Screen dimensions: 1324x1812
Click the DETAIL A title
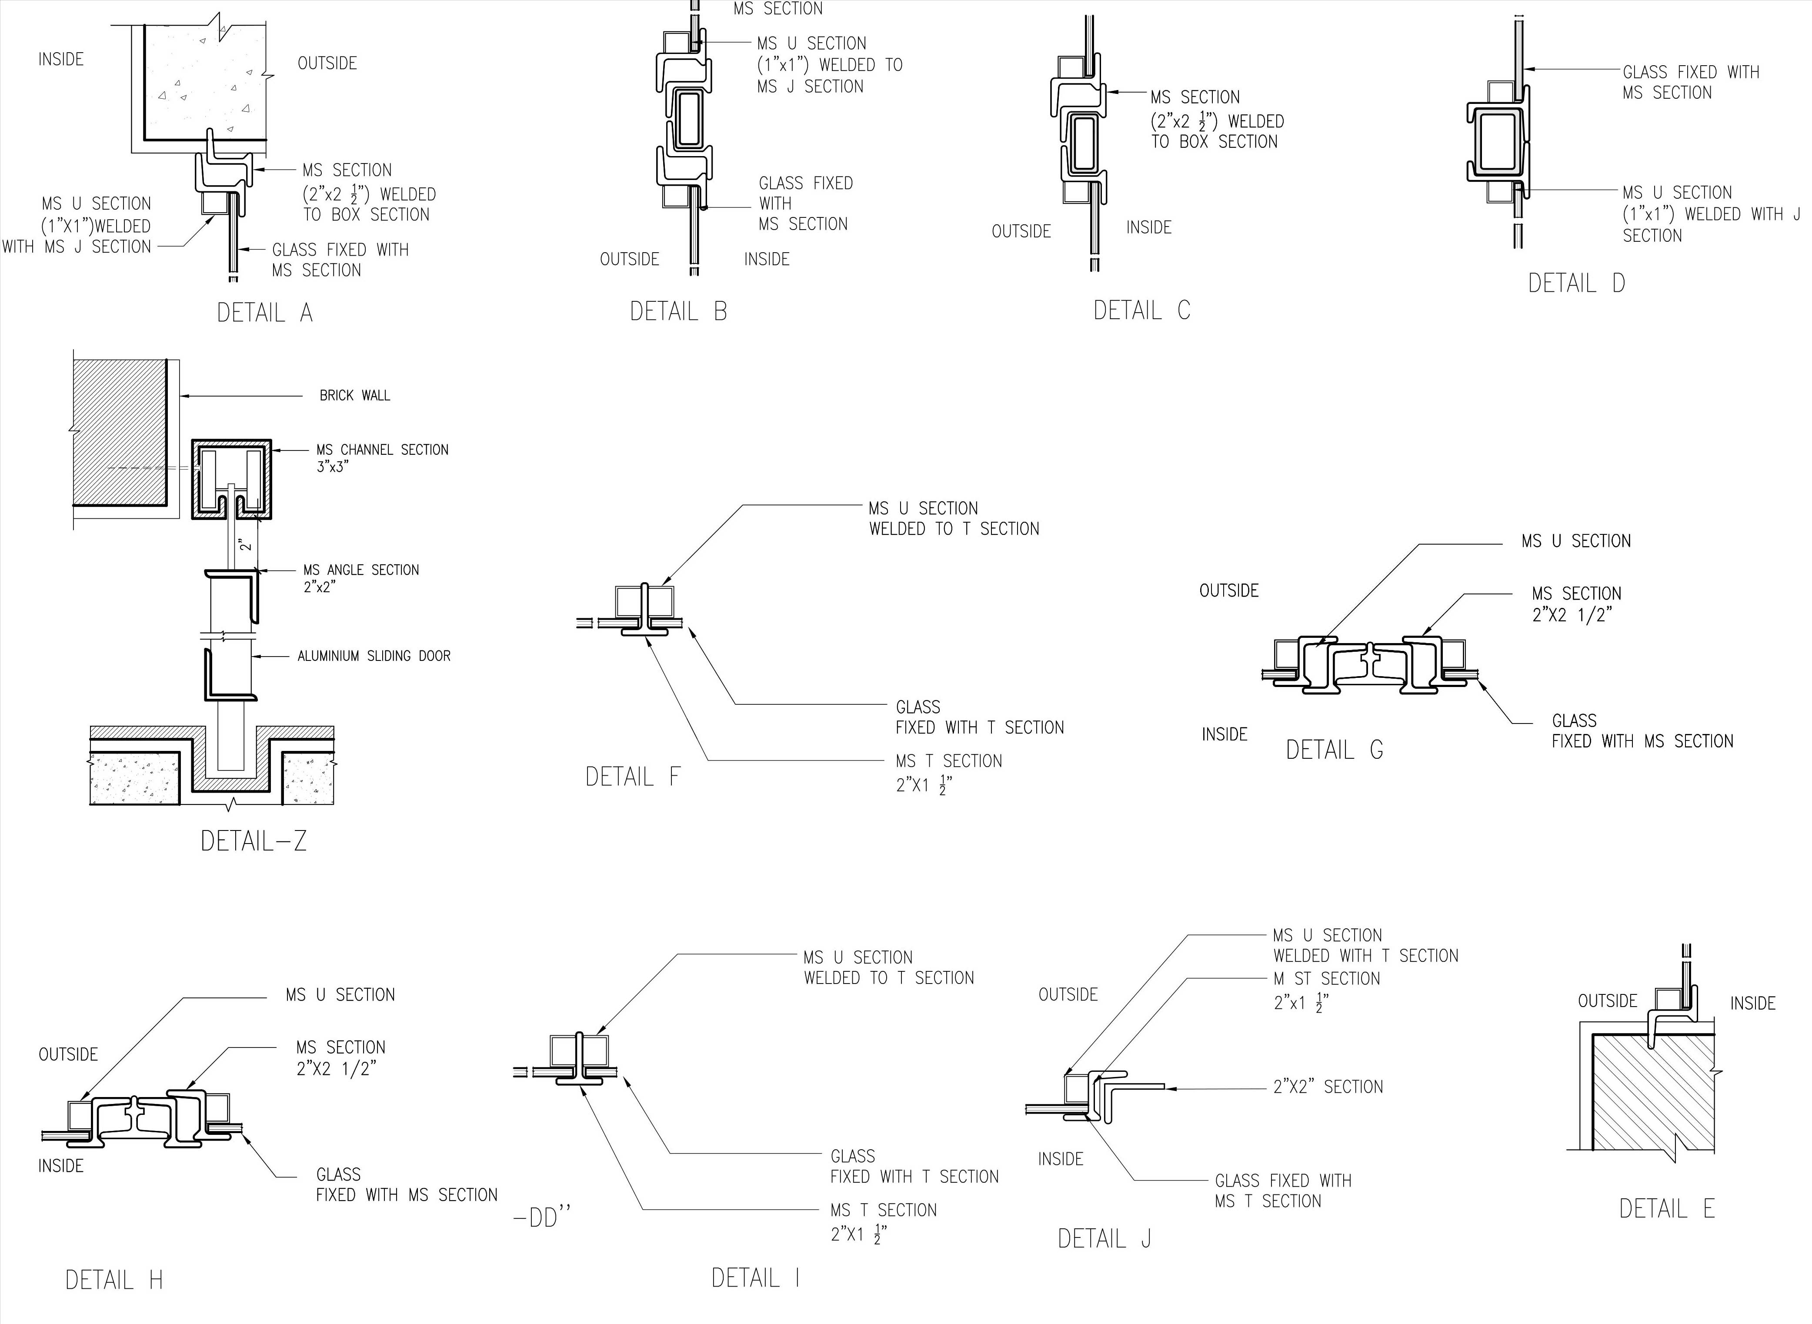pos(264,313)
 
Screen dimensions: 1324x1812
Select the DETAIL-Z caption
pos(253,841)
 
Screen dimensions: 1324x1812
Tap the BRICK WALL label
pos(354,395)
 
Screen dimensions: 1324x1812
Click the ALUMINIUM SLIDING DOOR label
pos(374,656)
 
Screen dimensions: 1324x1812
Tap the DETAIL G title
pos(1335,749)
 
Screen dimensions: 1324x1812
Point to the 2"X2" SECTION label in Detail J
pos(1328,1087)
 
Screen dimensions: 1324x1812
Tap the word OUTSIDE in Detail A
pos(327,63)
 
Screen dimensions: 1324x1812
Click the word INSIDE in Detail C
pos(1148,227)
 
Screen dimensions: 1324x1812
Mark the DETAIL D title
pos(1576,283)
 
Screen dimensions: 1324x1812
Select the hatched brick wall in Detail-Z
pos(120,433)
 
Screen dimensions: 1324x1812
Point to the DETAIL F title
pos(632,777)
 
